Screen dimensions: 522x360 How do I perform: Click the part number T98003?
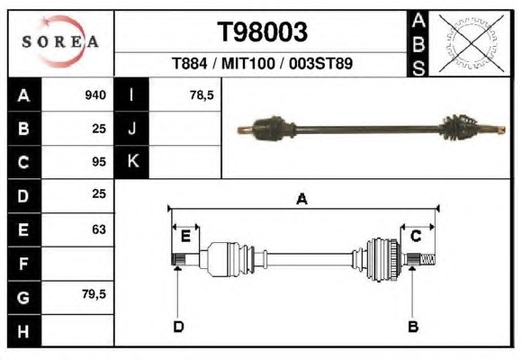262,32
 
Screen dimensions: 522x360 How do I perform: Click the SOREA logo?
60,41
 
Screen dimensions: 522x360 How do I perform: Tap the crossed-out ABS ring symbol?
471,43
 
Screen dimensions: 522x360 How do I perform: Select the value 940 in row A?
95,95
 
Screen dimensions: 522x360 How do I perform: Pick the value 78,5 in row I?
202,95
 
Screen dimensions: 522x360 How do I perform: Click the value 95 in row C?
99,162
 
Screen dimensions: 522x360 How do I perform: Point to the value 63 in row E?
99,229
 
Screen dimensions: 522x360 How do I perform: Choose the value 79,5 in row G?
94,294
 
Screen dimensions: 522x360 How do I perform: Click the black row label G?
24,297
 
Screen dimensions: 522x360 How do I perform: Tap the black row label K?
131,161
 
